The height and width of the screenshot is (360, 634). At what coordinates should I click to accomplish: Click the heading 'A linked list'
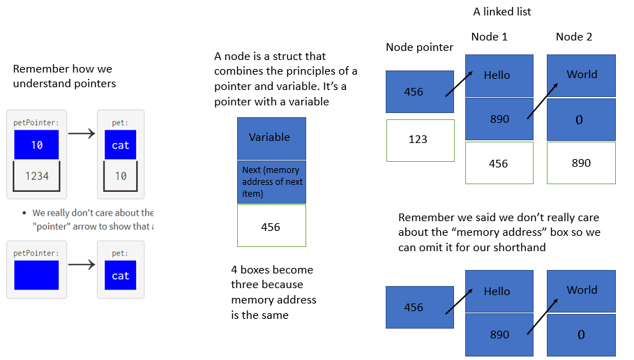(501, 12)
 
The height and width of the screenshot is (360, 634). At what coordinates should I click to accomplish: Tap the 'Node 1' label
(489, 37)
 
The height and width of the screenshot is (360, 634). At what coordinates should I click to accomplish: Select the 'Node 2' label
(573, 37)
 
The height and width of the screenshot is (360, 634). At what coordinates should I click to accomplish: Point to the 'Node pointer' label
(419, 47)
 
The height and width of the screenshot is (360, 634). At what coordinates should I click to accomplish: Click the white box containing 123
(420, 140)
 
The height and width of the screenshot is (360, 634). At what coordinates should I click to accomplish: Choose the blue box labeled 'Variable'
(271, 137)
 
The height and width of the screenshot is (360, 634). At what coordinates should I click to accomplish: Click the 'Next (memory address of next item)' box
(271, 181)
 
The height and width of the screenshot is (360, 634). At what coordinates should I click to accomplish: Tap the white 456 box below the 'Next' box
(271, 226)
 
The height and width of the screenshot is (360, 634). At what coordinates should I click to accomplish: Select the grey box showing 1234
(37, 176)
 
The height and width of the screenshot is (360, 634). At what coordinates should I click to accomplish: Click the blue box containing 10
(37, 144)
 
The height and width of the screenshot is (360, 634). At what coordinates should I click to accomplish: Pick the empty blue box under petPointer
(37, 275)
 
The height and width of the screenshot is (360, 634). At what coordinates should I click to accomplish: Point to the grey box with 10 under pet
(121, 176)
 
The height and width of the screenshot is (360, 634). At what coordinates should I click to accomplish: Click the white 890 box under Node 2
(581, 163)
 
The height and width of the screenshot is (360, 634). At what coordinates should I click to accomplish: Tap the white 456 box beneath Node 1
(499, 163)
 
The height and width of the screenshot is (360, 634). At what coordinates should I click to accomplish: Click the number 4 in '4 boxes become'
(234, 270)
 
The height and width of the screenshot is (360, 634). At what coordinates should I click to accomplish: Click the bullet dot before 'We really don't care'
(24, 213)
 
